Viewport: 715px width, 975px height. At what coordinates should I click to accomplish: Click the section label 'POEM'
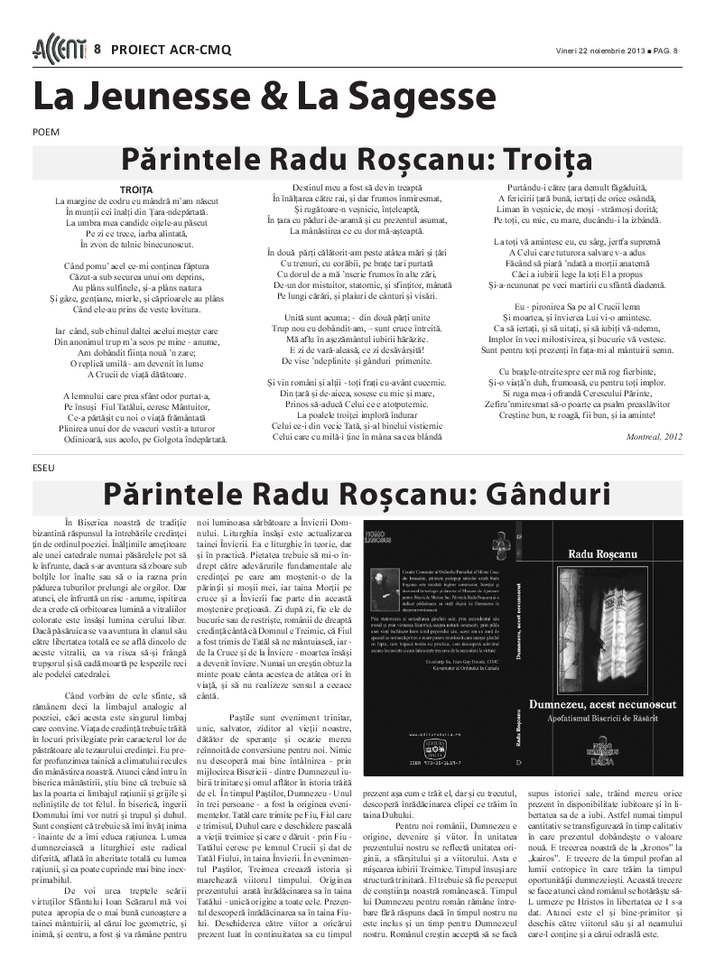(x=46, y=132)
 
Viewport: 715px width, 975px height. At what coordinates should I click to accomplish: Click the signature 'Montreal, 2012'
(x=655, y=436)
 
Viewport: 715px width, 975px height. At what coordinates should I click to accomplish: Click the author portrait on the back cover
(x=385, y=588)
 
